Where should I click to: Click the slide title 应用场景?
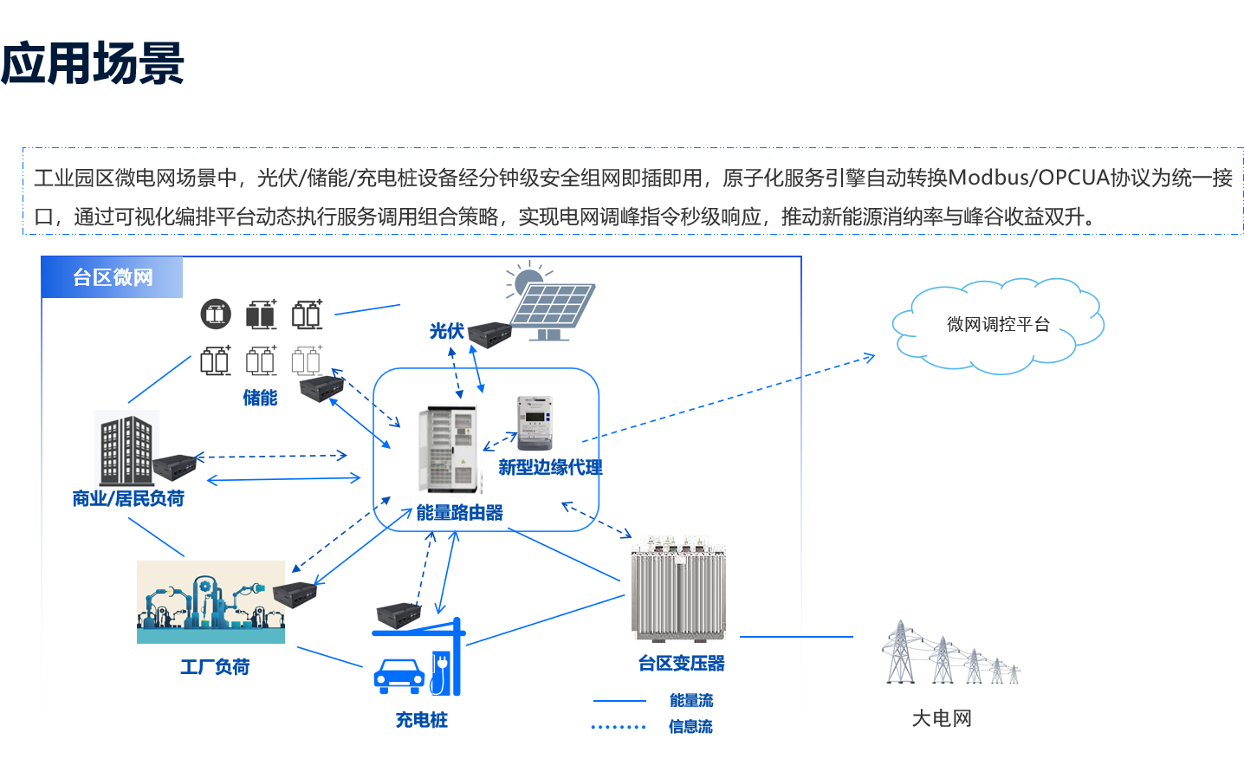pos(93,63)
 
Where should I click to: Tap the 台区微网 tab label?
pos(113,277)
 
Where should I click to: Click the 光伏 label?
pos(447,331)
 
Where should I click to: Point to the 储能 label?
pos(260,398)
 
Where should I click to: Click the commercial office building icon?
pos(126,449)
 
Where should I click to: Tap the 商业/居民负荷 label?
pos(128,498)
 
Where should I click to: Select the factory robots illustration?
pos(211,601)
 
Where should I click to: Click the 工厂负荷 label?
pos(215,666)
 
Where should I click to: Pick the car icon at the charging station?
pos(398,676)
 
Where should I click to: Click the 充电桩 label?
pos(422,720)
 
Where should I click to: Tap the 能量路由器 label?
pos(460,513)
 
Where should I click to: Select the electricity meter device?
pos(535,422)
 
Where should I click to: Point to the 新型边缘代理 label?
pos(550,468)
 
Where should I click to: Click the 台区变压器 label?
pos(682,664)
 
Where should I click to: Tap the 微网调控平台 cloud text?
pos(998,325)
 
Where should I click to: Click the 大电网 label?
pos(942,718)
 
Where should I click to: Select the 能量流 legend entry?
pos(691,700)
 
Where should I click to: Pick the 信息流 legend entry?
pos(690,727)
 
